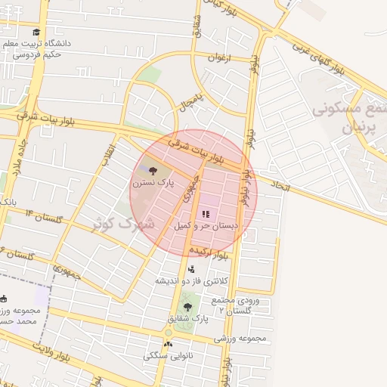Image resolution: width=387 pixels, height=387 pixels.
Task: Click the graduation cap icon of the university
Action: point(36,33)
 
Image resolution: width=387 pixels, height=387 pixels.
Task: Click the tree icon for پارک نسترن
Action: point(153,171)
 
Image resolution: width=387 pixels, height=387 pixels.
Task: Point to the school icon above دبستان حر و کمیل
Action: point(206,215)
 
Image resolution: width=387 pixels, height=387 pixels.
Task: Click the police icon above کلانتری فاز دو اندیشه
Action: point(190,268)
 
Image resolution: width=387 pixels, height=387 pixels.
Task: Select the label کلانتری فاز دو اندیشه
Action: point(191,280)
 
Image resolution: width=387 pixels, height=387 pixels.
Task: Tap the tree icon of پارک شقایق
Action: point(187,306)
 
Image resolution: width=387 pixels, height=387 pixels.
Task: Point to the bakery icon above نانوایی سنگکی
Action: point(168,344)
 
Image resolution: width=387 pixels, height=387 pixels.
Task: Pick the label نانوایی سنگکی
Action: point(168,354)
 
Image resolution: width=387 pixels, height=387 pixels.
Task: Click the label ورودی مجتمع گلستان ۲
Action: point(238,305)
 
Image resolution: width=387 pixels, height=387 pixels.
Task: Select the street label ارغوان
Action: point(217,57)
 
